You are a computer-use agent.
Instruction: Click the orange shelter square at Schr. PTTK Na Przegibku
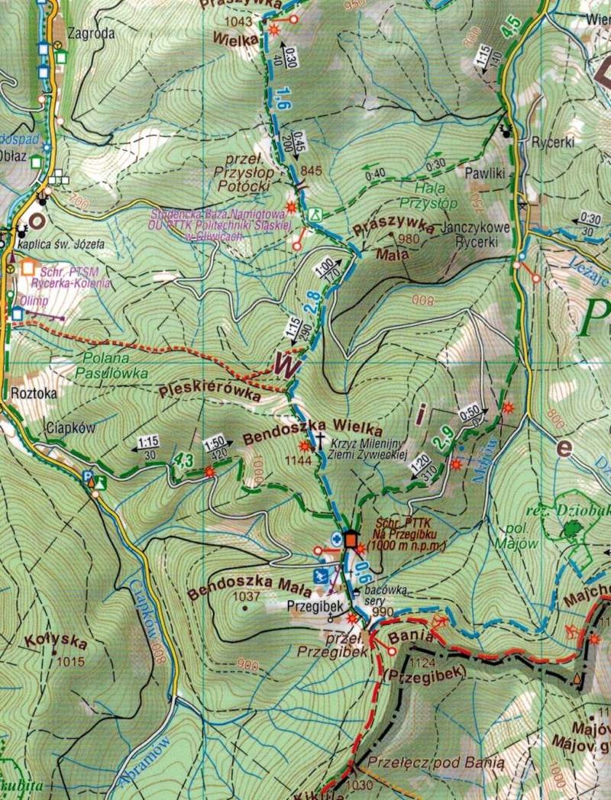(351, 540)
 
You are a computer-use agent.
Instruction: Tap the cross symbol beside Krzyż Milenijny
(322, 439)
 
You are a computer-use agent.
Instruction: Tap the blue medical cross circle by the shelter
(336, 540)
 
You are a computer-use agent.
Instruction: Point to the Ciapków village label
(70, 428)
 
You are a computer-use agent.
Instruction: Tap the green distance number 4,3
(183, 460)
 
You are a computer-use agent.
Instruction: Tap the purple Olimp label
(34, 301)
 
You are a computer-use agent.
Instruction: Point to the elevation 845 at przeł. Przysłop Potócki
(312, 170)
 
